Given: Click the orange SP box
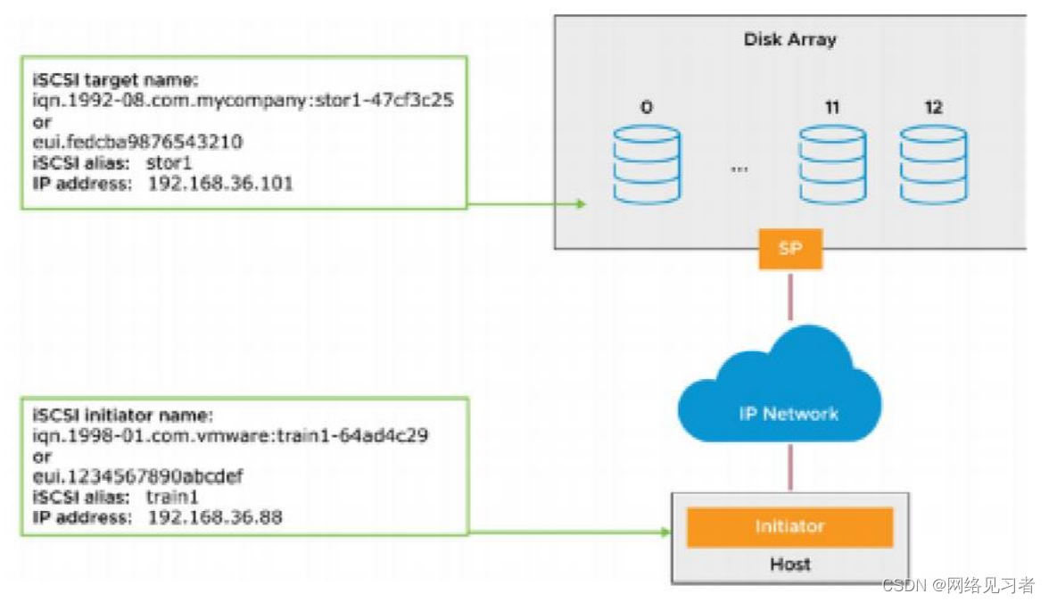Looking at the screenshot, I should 789,249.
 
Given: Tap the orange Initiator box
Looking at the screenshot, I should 789,526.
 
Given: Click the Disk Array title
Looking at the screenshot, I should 789,39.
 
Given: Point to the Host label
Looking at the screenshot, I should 789,564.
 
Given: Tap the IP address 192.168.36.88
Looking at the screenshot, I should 215,516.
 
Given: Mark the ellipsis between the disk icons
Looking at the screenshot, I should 739,168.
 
